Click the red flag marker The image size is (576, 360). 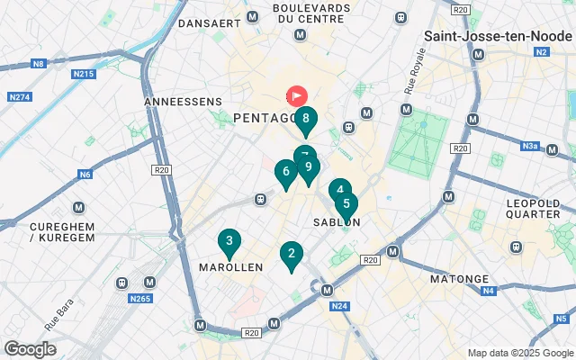coord(297,95)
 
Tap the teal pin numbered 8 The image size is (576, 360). coord(306,118)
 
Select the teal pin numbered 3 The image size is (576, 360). coord(229,241)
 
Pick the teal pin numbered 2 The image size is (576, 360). coord(290,255)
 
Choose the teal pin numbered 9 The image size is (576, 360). coord(309,167)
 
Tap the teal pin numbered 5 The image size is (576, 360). coord(346,204)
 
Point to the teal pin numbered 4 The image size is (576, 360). coord(338,190)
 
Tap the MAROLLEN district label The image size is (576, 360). coord(229,267)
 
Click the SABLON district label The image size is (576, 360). coord(337,222)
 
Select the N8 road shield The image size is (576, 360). coord(39,64)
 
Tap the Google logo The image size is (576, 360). coord(30,349)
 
